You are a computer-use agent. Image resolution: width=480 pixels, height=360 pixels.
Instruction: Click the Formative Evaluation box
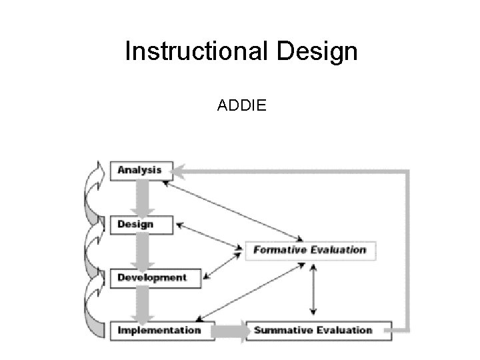coord(310,250)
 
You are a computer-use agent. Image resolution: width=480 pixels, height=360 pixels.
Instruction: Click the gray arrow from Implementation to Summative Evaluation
coord(231,331)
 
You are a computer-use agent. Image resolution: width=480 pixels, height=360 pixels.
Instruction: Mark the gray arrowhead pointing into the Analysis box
coord(183,171)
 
